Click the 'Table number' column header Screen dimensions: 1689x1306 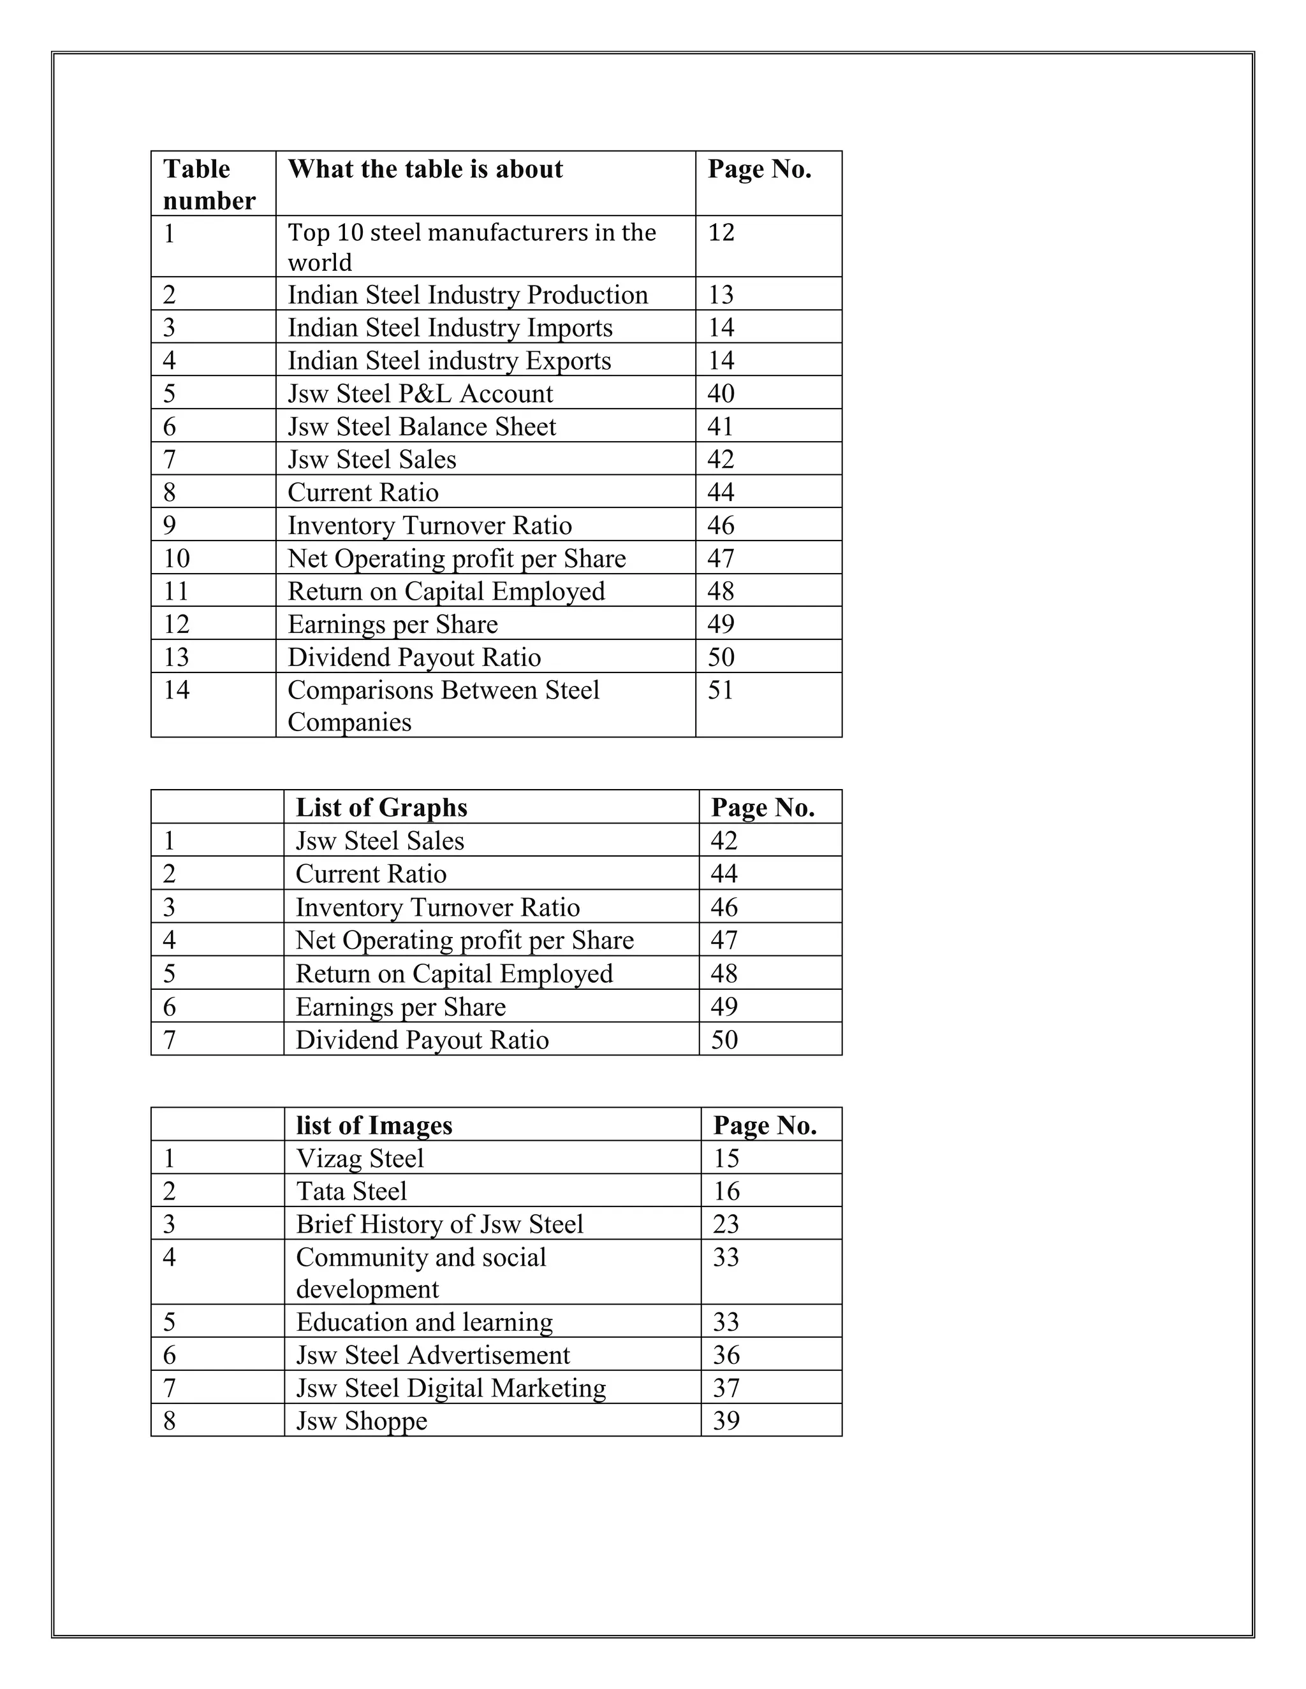[x=209, y=184]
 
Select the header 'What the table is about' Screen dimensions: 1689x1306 [x=425, y=170]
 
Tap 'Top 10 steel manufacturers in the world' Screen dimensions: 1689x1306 [x=471, y=247]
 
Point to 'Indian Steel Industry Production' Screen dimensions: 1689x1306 [x=467, y=294]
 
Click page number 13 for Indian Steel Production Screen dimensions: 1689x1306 [x=721, y=294]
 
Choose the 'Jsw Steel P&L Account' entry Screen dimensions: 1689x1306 [x=420, y=394]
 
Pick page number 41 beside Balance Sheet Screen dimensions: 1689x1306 [x=721, y=427]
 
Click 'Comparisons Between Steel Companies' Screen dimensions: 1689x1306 [x=443, y=706]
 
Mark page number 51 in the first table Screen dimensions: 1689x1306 [x=721, y=690]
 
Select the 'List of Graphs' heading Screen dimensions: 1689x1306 [x=381, y=808]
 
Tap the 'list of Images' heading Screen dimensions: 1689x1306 [x=374, y=1125]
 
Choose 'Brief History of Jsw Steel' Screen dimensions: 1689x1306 [x=439, y=1224]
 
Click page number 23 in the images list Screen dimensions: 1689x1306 [x=726, y=1224]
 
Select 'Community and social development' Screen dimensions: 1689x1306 [x=421, y=1272]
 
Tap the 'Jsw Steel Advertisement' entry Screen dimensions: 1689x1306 [x=432, y=1355]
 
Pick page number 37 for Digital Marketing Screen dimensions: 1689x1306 [x=726, y=1388]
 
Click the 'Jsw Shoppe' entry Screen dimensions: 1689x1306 [x=362, y=1421]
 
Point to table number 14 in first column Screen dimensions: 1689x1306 [x=177, y=690]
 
